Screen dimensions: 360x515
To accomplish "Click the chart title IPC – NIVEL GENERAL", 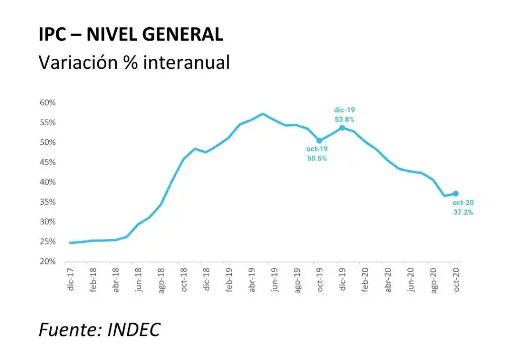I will (x=131, y=35).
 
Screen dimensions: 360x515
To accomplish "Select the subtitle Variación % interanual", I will (x=134, y=62).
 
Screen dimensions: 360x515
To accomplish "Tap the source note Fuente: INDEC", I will (x=100, y=329).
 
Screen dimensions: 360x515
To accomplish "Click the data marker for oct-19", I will (x=319, y=141).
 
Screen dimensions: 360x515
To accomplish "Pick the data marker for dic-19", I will (x=342, y=127).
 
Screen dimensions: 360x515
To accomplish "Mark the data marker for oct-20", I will (x=456, y=194).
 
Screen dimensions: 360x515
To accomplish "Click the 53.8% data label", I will (x=344, y=119).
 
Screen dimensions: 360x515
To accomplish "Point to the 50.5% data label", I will (x=317, y=158).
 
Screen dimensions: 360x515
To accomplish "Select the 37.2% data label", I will (x=463, y=212).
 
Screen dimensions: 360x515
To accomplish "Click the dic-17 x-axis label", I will (x=71, y=280).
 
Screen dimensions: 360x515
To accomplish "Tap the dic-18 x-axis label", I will (x=207, y=280).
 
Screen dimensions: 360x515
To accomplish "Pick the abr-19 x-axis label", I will (x=252, y=280).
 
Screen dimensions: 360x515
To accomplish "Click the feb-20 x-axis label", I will (x=366, y=280).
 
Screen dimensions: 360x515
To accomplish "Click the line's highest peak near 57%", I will (x=263, y=114).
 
